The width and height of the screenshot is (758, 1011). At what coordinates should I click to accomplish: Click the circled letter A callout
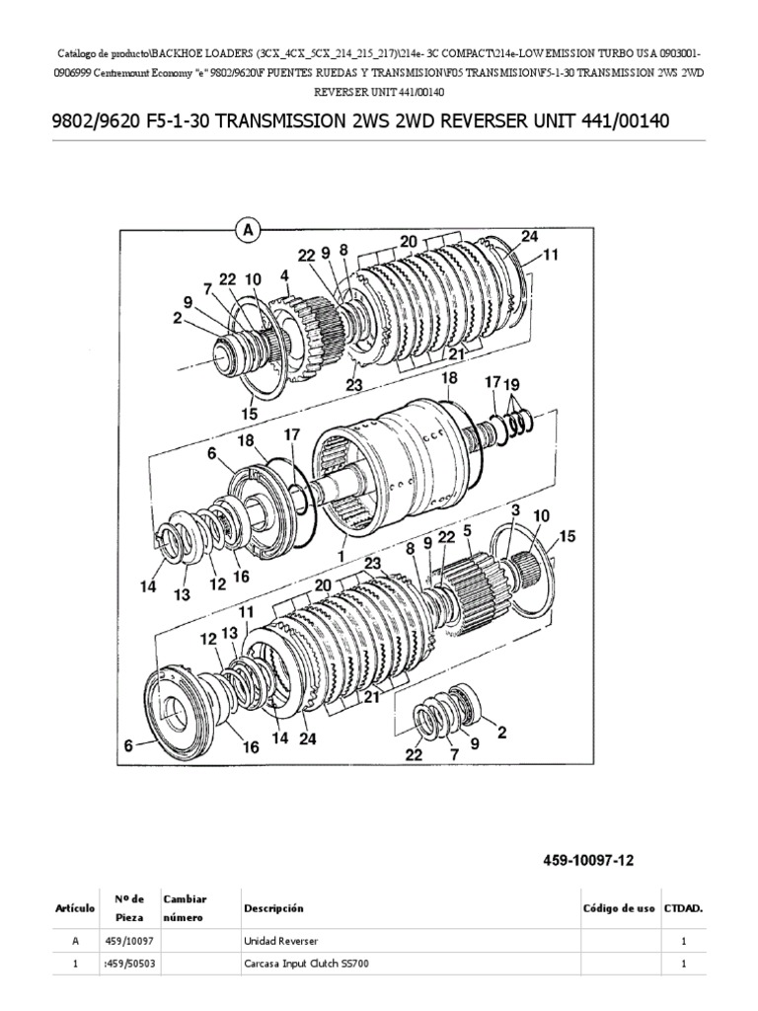pos(247,229)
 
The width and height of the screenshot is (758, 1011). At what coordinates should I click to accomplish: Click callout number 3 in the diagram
pos(514,509)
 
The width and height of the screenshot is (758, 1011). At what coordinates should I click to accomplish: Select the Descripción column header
pos(272,908)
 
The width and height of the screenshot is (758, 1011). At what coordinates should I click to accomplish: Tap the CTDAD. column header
pos(683,908)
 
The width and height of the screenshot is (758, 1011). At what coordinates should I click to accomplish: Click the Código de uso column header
pos(618,908)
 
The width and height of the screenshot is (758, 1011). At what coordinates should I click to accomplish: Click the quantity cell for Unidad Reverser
pos(683,943)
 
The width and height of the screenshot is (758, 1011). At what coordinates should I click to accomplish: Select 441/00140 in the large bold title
pos(611,121)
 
